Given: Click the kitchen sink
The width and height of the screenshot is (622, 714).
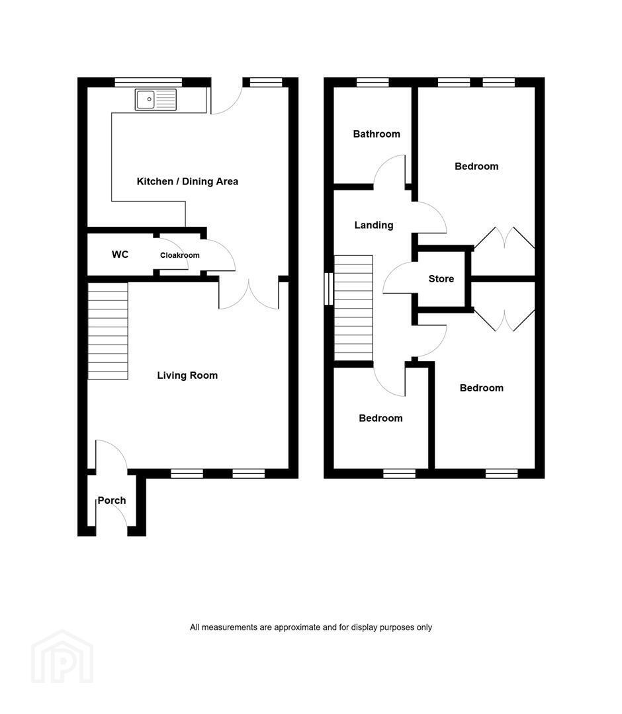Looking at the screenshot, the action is (155, 99).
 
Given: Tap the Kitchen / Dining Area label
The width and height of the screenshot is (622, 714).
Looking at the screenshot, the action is (187, 181).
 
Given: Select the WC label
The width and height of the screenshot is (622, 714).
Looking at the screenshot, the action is (120, 254).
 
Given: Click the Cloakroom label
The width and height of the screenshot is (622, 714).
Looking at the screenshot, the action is (179, 255).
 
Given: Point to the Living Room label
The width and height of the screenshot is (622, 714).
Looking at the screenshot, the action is (187, 376).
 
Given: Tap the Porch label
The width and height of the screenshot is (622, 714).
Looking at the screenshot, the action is (112, 500).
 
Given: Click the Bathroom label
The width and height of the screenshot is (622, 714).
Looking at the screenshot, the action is (377, 134).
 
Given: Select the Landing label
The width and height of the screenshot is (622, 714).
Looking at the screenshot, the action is (374, 225).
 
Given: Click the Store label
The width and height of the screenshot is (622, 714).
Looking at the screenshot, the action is (441, 279).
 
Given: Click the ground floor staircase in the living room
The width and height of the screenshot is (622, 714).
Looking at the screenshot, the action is (108, 331).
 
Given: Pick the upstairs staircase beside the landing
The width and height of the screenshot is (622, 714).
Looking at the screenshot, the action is (353, 308).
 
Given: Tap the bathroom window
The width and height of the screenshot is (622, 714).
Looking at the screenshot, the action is (373, 83).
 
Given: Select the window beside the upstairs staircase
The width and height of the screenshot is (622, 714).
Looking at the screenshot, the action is (329, 289).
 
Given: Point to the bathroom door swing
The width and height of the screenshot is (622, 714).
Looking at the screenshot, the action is (390, 172).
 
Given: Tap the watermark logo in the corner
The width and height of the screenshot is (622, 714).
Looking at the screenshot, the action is (62, 656).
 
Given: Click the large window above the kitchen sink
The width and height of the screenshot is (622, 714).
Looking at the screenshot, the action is (148, 83).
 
